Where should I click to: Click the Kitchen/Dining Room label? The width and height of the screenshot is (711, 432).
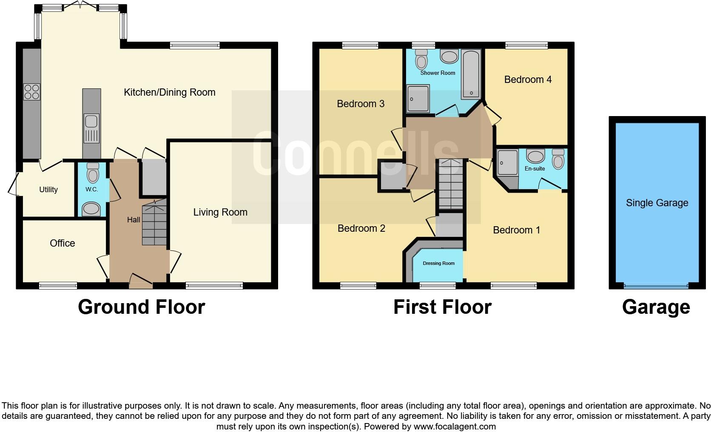pyautogui.click(x=169, y=92)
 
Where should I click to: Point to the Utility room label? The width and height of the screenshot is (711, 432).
pyautogui.click(x=48, y=190)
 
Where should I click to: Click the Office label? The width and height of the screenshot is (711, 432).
pyautogui.click(x=62, y=243)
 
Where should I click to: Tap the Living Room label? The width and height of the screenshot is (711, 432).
pyautogui.click(x=220, y=212)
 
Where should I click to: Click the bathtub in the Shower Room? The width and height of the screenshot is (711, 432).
pyautogui.click(x=471, y=74)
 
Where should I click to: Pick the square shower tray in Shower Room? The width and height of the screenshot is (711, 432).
pyautogui.click(x=418, y=99)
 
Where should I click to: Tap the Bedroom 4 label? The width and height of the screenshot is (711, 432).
pyautogui.click(x=528, y=80)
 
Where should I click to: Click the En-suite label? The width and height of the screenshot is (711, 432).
pyautogui.click(x=535, y=169)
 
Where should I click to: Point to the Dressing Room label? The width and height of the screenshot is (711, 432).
pyautogui.click(x=438, y=263)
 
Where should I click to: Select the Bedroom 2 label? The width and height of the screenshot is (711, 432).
pyautogui.click(x=361, y=228)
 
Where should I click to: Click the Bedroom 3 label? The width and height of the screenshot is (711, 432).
pyautogui.click(x=360, y=104)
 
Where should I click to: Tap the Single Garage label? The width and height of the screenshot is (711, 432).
pyautogui.click(x=657, y=203)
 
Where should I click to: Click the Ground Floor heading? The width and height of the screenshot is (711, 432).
pyautogui.click(x=141, y=307)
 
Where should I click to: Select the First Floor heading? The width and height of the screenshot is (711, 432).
pyautogui.click(x=442, y=307)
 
